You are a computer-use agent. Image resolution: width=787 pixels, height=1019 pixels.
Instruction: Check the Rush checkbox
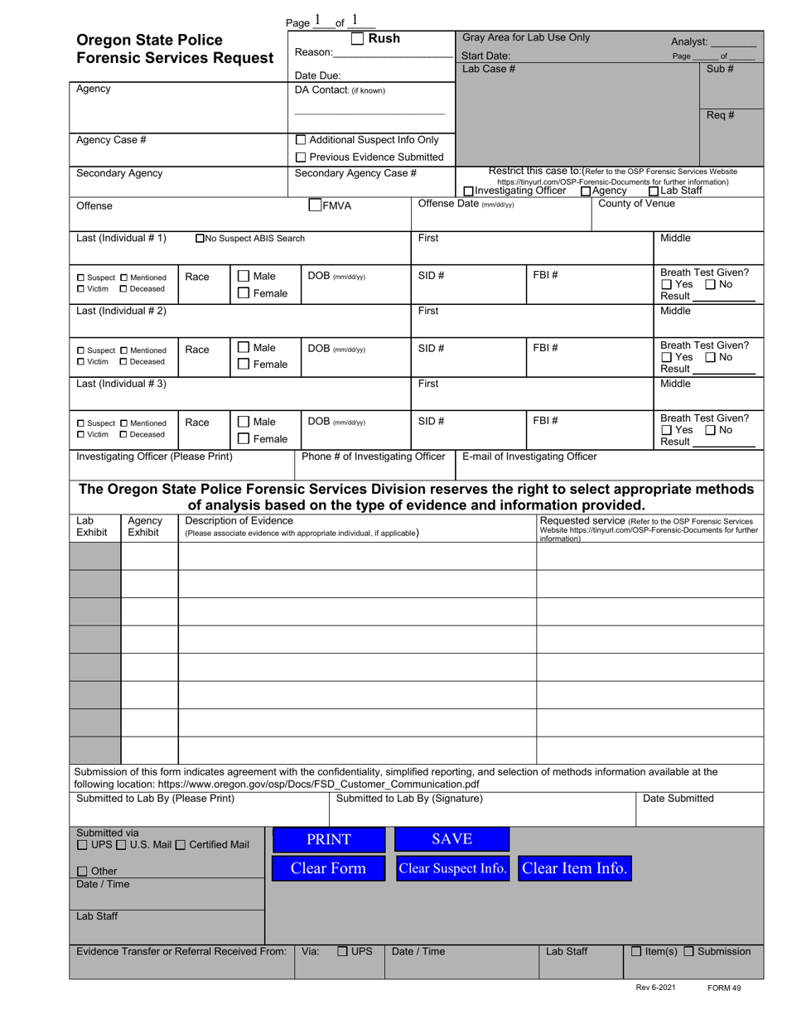coord(357,38)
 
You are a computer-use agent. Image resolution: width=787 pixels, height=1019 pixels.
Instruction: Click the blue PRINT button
coord(329,839)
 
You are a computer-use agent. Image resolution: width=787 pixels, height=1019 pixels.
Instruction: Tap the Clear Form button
coord(329,868)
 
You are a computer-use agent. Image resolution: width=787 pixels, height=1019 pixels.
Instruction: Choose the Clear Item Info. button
coord(575,868)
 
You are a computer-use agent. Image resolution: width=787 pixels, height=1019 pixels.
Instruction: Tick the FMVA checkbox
coord(315,205)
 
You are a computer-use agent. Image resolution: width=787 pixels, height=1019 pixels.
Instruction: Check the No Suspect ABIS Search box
coord(200,239)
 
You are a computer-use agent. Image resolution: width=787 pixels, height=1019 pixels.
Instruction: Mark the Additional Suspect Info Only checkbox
coord(301,139)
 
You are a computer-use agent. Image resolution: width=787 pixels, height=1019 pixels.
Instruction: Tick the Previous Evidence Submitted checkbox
coord(301,157)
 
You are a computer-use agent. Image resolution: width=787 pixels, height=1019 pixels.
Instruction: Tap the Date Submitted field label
coord(678,799)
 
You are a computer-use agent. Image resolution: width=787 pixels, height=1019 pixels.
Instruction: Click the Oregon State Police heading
coord(149,40)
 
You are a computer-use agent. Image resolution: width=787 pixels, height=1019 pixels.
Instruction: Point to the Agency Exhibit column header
coord(144,526)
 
